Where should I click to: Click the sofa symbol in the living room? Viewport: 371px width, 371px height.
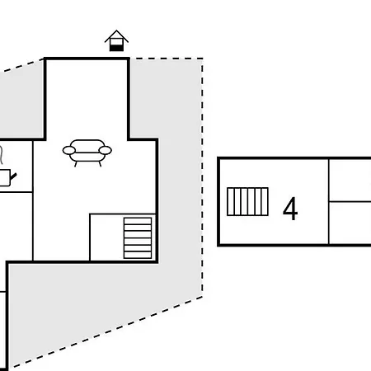tap(87, 153)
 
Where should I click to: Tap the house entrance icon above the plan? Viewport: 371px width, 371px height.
tap(116, 40)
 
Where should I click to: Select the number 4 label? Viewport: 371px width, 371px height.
tap(290, 209)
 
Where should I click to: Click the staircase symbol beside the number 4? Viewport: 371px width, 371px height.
tap(247, 202)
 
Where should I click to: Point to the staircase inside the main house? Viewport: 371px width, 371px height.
tap(138, 238)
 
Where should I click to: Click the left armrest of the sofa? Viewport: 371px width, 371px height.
tap(69, 150)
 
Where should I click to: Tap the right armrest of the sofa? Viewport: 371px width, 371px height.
tap(106, 150)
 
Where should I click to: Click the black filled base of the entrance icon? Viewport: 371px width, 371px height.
tap(116, 49)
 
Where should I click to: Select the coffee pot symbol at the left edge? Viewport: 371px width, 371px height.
tap(6, 177)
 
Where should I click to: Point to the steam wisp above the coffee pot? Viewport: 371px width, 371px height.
tap(2, 155)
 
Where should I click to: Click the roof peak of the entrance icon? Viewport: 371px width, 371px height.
tap(116, 31)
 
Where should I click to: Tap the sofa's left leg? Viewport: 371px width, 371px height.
tap(76, 164)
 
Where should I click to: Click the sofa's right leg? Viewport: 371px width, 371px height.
tap(100, 164)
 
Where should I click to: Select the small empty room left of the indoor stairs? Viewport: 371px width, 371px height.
tap(106, 237)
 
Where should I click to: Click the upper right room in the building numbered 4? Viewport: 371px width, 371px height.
tap(350, 181)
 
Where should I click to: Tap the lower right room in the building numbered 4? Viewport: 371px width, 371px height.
tap(350, 223)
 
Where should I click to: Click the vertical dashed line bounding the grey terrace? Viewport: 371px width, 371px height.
tap(202, 177)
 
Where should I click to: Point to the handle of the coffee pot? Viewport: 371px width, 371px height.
tap(13, 176)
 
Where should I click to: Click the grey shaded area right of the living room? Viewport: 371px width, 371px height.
tap(179, 165)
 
